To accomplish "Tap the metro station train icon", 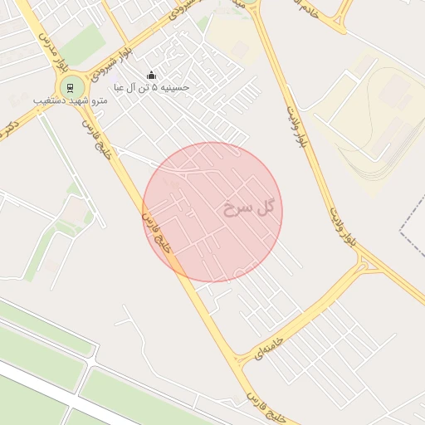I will point(72,86).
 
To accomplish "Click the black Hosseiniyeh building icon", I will point(150,76).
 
